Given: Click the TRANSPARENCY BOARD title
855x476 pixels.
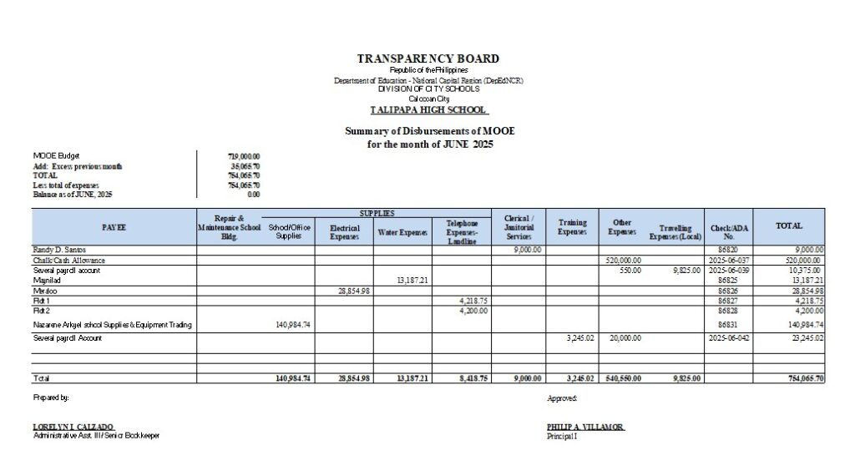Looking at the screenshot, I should (428, 59).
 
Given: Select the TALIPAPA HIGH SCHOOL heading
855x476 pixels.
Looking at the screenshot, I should (428, 110).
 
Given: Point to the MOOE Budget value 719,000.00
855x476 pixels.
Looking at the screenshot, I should (244, 156).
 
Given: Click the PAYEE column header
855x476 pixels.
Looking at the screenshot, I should (114, 227).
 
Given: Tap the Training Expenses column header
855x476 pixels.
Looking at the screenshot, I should (572, 227).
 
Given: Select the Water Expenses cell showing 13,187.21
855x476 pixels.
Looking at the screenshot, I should (412, 281).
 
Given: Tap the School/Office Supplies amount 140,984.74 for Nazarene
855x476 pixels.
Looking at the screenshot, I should (293, 325).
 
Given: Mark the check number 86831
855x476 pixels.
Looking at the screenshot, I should (728, 325).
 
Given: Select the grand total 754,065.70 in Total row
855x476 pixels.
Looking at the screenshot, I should (805, 378).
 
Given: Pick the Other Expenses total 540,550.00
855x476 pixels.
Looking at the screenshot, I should (624, 378).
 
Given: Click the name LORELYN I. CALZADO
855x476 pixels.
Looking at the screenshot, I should (73, 427).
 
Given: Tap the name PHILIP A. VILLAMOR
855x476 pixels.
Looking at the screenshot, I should (584, 427).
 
